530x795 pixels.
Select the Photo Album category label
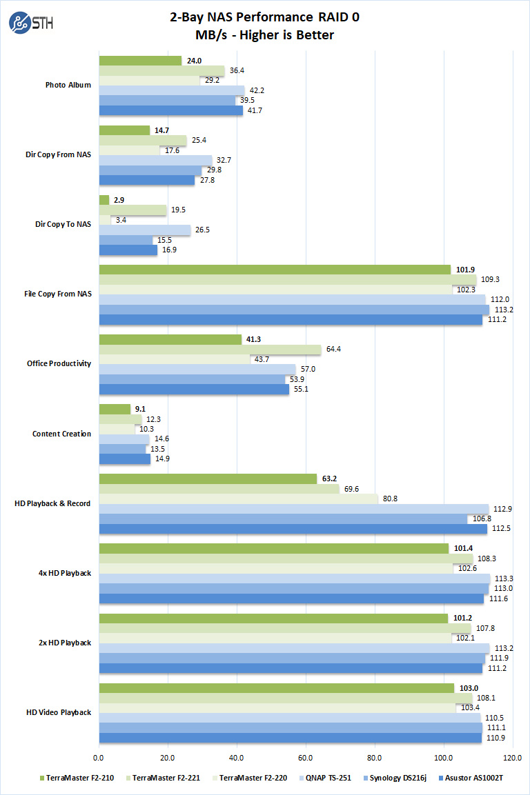pos(68,85)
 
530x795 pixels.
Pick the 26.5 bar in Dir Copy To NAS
pos(145,230)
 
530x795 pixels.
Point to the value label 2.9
pos(119,200)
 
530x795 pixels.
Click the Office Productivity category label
pos(59,364)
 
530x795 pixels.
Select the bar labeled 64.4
pos(210,349)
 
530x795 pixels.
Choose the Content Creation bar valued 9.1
pos(115,409)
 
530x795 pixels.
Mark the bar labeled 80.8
pos(239,499)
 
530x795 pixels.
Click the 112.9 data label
pos(503,509)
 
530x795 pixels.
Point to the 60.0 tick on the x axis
pos(306,758)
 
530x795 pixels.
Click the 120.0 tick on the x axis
pos(512,758)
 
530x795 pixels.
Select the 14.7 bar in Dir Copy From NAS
pos(124,130)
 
